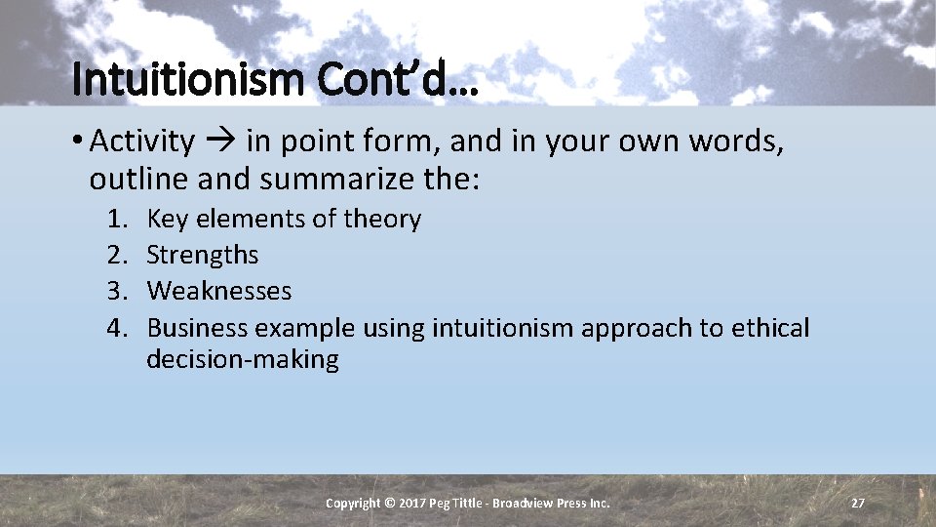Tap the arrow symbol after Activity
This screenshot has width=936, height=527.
(x=220, y=142)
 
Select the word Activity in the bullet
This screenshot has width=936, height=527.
(x=142, y=142)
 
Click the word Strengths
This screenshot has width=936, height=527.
(x=202, y=255)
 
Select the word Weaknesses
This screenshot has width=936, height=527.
(x=218, y=291)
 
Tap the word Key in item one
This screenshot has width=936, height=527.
(x=168, y=219)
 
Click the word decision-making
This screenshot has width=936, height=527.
(x=242, y=359)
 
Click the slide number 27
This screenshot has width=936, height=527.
(x=857, y=503)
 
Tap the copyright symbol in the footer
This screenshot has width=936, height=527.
(x=390, y=503)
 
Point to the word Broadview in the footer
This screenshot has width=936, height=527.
(x=526, y=503)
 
